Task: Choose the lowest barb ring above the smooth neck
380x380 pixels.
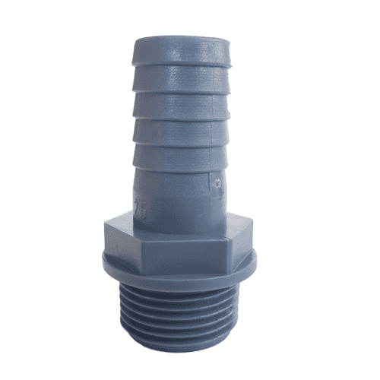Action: [182, 160]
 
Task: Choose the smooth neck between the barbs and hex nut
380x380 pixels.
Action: [182, 201]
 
